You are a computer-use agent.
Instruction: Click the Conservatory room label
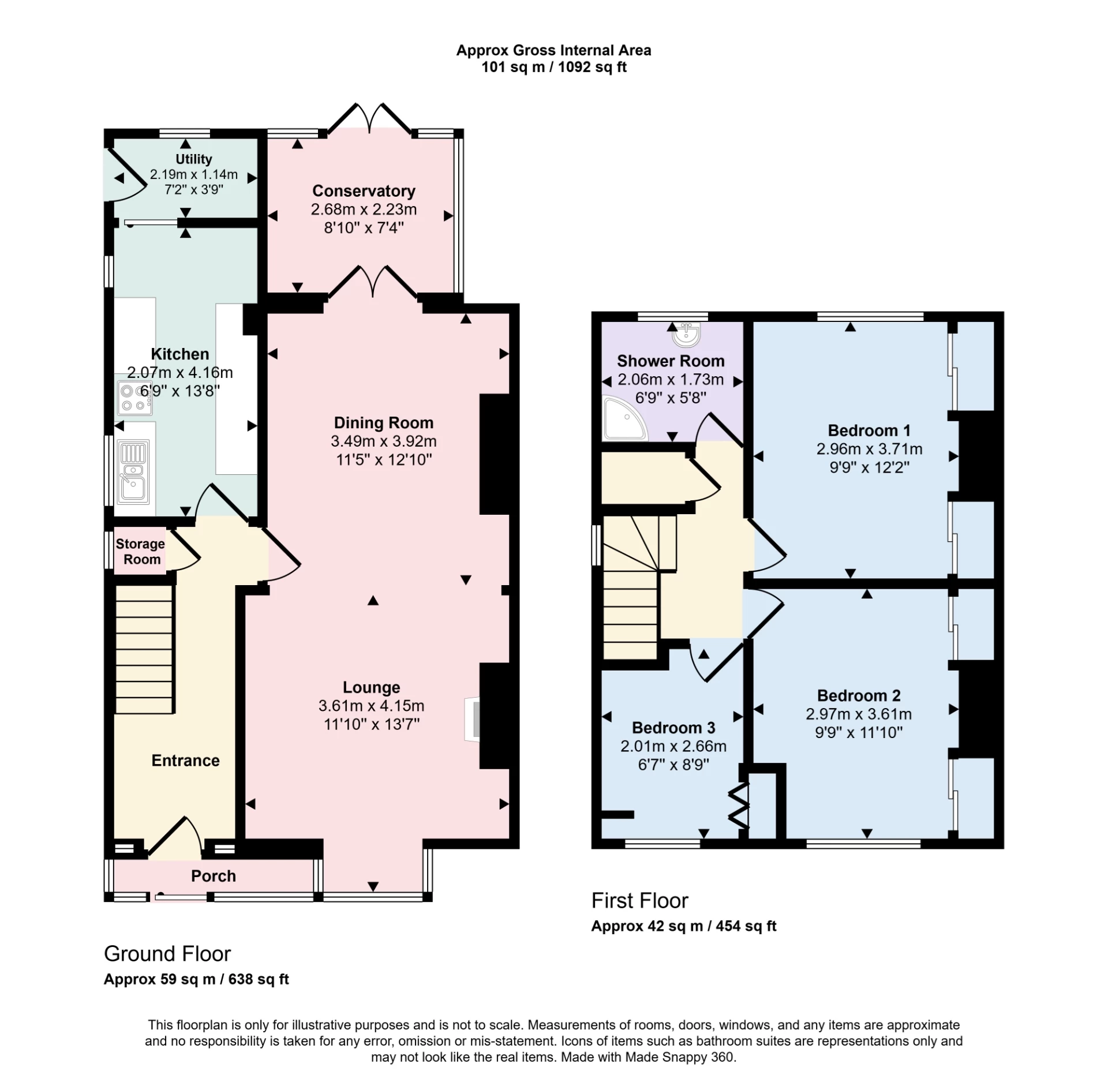click(364, 191)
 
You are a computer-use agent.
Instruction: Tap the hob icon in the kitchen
click(134, 398)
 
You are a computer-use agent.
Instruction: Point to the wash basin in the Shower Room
click(687, 335)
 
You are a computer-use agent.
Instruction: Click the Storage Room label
click(140, 552)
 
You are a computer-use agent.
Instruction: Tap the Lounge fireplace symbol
click(473, 718)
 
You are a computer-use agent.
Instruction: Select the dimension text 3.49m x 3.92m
click(383, 441)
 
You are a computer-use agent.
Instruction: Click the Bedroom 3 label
click(673, 728)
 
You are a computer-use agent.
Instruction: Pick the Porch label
click(213, 876)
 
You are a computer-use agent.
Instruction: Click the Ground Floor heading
click(167, 954)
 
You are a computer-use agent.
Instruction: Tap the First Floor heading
click(639, 901)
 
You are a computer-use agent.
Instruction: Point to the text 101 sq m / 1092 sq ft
click(553, 67)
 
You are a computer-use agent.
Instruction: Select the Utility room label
click(193, 159)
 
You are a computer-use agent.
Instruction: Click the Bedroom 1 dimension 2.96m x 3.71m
click(869, 449)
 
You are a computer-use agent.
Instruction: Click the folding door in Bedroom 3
click(739, 804)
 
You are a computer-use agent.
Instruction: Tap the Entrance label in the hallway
click(185, 761)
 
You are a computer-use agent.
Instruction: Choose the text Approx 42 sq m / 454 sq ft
click(683, 926)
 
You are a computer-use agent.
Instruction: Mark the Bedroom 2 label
click(858, 695)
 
